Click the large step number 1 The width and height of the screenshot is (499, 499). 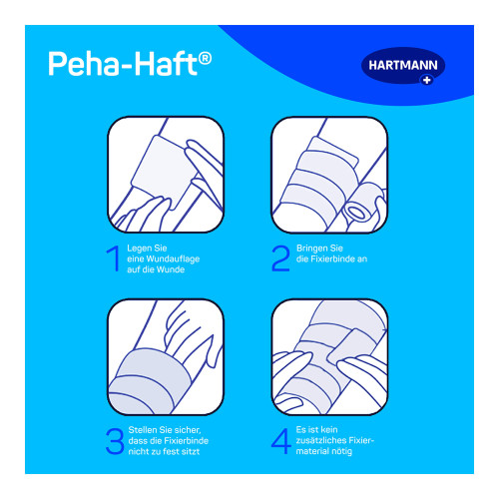click(x=116, y=258)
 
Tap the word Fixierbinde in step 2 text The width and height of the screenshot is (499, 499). click(x=337, y=259)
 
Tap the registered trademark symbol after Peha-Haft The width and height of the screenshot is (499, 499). click(x=205, y=58)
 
